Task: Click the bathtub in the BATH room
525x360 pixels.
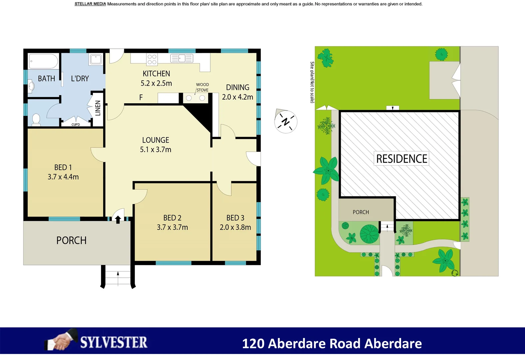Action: click(44, 61)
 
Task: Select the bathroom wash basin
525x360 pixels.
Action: click(31, 86)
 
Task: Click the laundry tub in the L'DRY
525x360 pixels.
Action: click(96, 59)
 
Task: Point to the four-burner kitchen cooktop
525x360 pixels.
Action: click(152, 59)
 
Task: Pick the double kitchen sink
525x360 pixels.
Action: click(182, 58)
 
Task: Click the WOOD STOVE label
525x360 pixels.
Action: click(202, 87)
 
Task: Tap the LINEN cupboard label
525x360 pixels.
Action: click(98, 108)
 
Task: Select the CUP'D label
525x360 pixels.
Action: click(76, 125)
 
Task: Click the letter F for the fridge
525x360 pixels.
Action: click(141, 97)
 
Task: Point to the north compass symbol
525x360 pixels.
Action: click(285, 121)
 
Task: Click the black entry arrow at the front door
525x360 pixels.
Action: click(118, 219)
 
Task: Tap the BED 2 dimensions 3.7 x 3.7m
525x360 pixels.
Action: click(172, 227)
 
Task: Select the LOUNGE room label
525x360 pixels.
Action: click(156, 140)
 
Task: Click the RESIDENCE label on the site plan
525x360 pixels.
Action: click(402, 159)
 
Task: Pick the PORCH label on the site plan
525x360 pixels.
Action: click(361, 212)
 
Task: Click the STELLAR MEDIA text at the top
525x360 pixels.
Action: click(90, 4)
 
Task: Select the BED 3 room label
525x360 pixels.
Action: click(235, 218)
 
